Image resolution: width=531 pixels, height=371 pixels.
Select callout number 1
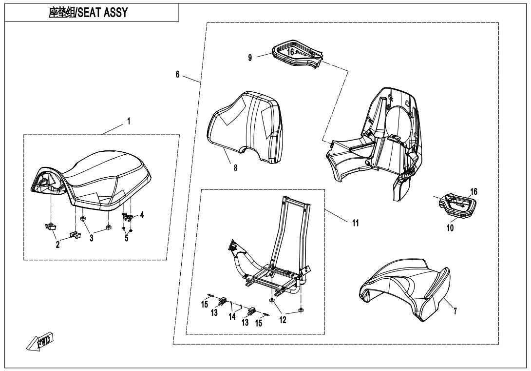[129, 121]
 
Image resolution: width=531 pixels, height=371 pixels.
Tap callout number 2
[57, 245]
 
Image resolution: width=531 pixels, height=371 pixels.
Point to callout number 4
[142, 214]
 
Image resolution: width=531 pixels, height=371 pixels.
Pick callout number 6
[177, 75]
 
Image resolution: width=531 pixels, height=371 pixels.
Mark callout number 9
[250, 58]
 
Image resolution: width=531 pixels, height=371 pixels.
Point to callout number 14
[232, 316]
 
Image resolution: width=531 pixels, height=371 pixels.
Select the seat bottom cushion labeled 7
[404, 288]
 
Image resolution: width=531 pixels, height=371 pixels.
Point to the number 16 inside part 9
[290, 51]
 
